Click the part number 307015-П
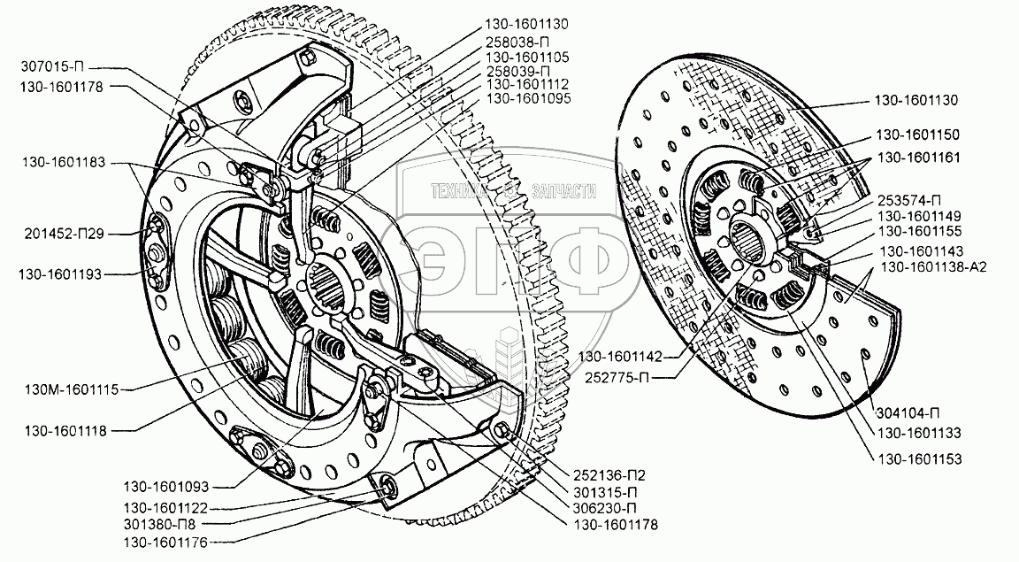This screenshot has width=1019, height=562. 55,64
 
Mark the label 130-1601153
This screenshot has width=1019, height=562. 918,459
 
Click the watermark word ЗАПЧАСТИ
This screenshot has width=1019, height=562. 563,191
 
